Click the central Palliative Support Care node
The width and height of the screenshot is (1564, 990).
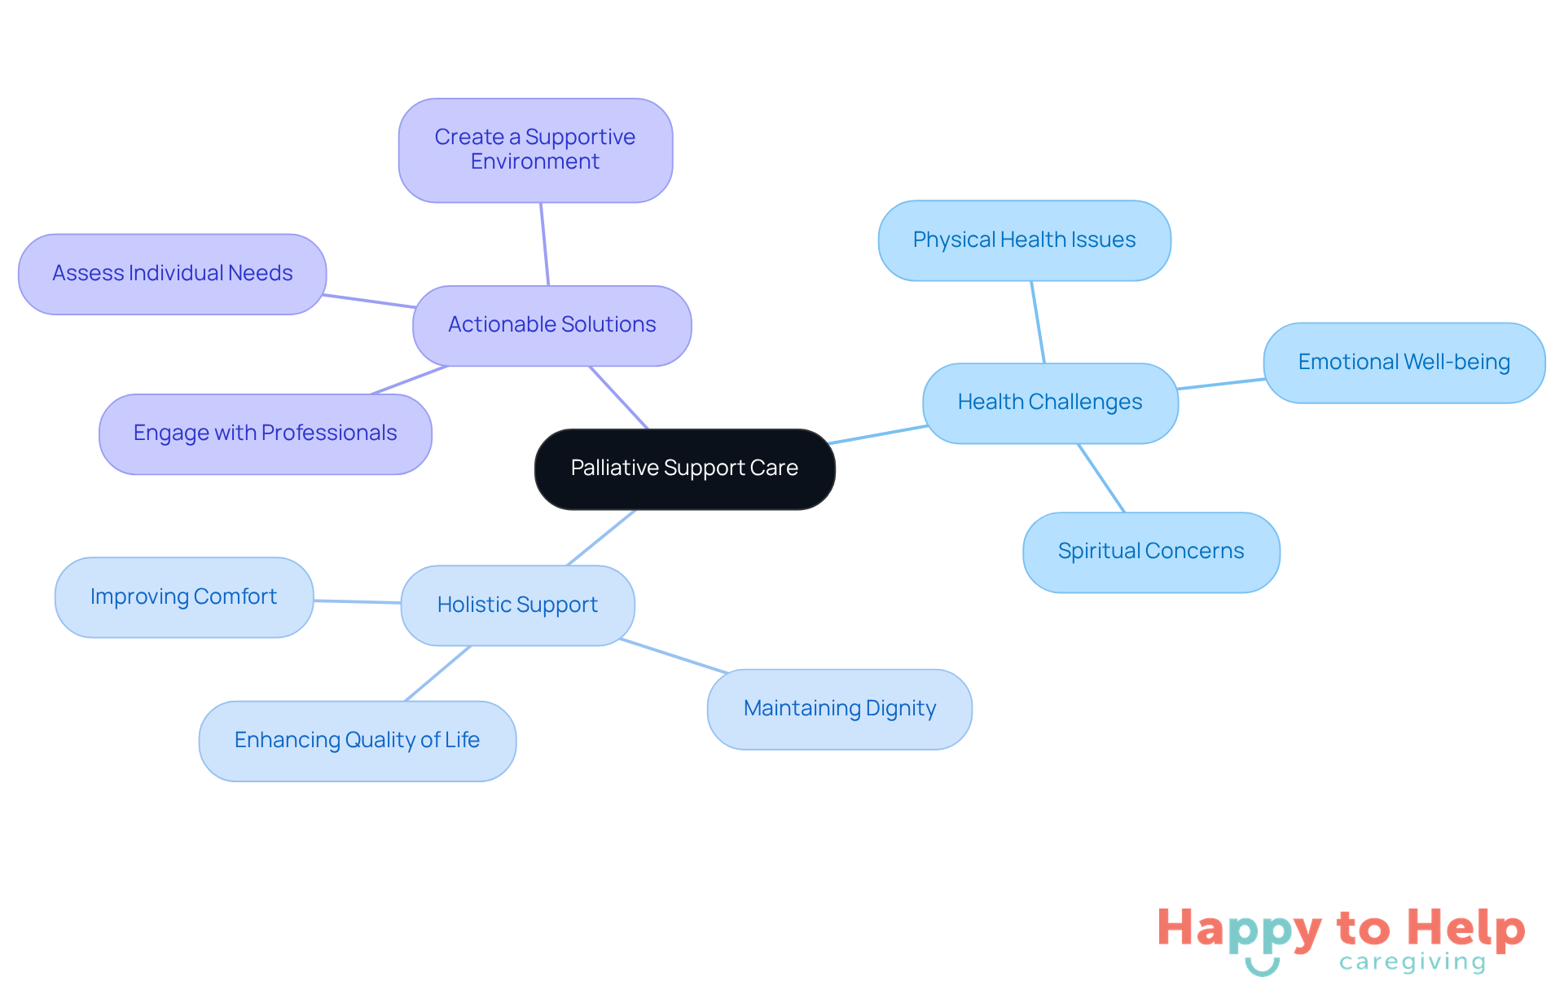[x=684, y=469]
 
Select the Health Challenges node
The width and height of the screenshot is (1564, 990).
[x=1050, y=403]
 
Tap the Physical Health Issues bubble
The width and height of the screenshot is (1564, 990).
[x=1024, y=240]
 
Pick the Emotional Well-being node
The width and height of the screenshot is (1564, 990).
[x=1404, y=363]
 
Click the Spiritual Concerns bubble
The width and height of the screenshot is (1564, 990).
[x=1150, y=552]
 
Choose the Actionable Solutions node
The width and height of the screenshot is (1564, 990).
[x=551, y=325]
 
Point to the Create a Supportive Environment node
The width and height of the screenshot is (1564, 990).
[x=535, y=150]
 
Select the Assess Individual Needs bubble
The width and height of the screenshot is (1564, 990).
[x=172, y=274]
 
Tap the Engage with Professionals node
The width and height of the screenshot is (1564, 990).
[x=265, y=433]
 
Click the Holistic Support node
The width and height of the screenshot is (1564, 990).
[x=517, y=605]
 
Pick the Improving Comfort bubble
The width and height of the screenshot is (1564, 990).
[x=183, y=597]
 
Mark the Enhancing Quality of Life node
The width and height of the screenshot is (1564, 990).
[x=357, y=741]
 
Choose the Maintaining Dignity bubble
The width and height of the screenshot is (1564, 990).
[x=839, y=709]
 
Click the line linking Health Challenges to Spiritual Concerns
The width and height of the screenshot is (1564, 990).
[x=1101, y=478]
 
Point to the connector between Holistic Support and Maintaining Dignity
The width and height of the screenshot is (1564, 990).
[x=674, y=656]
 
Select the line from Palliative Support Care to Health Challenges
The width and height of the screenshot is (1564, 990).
[x=878, y=434]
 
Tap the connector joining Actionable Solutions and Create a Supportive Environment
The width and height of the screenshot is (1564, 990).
[x=545, y=244]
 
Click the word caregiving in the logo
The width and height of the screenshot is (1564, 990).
[x=1412, y=962]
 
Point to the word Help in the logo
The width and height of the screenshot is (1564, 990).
[x=1466, y=928]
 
